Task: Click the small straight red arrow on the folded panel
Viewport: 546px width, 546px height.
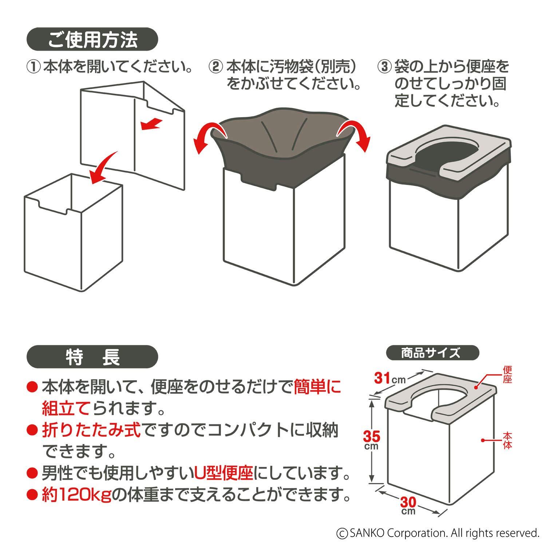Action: (151, 124)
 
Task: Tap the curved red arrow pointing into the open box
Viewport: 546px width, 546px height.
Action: (105, 167)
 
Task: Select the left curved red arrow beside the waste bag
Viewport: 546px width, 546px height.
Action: (207, 138)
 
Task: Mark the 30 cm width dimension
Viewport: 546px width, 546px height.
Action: (408, 506)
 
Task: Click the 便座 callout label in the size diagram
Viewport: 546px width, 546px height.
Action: (508, 375)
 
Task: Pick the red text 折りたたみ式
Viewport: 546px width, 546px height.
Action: (91, 431)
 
